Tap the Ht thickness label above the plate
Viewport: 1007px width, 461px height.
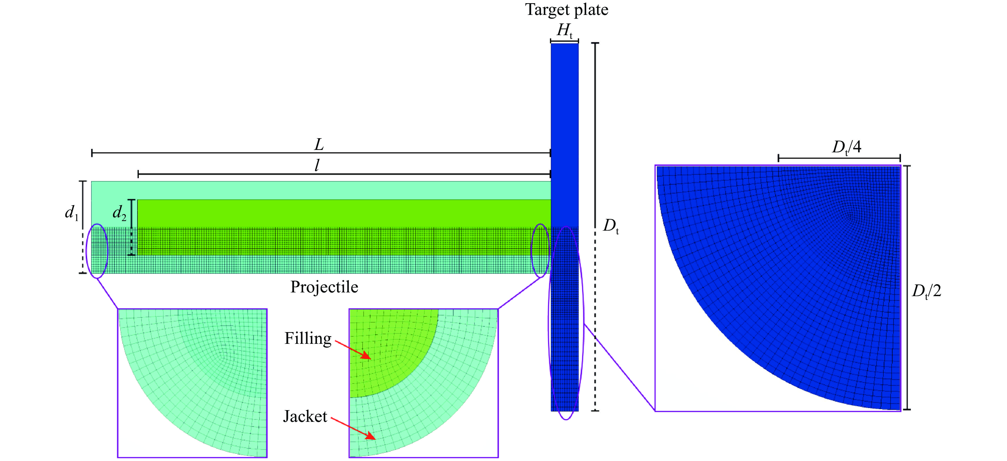565,30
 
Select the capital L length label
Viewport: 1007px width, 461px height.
319,145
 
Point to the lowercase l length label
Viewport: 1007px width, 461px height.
317,166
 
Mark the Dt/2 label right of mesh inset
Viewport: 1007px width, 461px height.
926,291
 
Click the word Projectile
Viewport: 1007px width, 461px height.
324,287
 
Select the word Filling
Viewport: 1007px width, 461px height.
308,338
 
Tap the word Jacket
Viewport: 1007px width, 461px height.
305,417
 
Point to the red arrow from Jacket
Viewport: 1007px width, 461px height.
353,429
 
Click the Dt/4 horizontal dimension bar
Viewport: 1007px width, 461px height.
839,158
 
